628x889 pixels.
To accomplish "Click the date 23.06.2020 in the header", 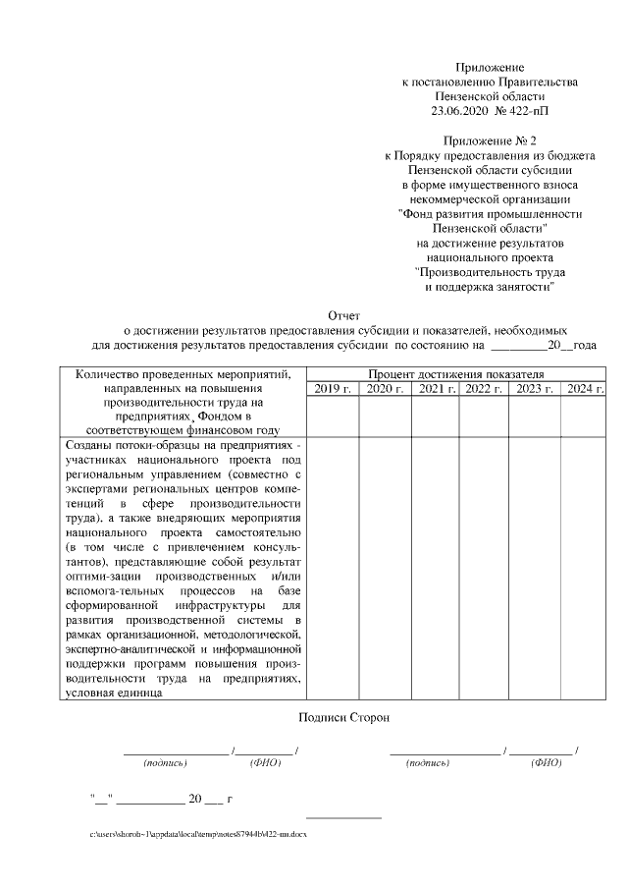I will (x=460, y=112).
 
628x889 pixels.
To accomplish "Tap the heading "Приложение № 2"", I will (x=490, y=141).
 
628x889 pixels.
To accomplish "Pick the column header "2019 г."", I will (x=333, y=390).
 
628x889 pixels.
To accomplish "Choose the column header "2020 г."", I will (x=384, y=390).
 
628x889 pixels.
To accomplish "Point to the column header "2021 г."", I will (x=436, y=390).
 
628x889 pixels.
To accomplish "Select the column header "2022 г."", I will (x=484, y=390).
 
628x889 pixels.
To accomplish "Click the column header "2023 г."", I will (x=535, y=390).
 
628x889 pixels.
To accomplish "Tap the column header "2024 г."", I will (x=585, y=390).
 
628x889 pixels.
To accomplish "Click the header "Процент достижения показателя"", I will (x=455, y=375).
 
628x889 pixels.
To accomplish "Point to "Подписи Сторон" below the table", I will (x=343, y=718).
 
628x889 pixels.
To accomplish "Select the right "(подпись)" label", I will (x=428, y=762).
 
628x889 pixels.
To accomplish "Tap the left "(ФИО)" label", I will (x=265, y=762).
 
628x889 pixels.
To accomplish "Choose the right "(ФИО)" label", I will (x=546, y=762).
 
